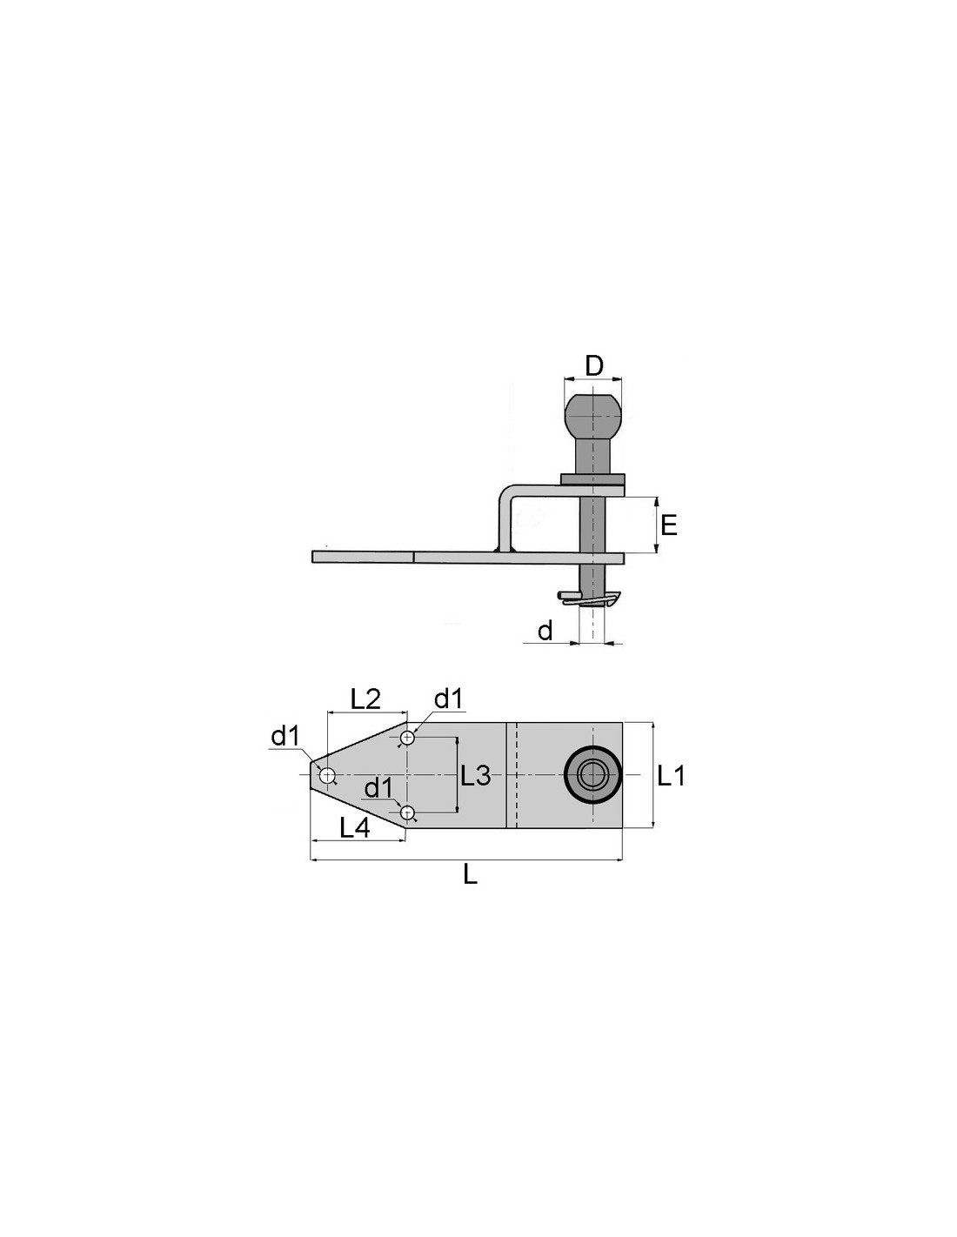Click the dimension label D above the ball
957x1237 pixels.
click(594, 365)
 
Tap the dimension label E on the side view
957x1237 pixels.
click(670, 525)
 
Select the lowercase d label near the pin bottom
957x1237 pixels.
click(545, 630)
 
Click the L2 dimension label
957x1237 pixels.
click(365, 699)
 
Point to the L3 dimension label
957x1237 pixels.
click(475, 775)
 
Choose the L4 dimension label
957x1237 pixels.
click(355, 827)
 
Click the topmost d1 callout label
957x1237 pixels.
click(449, 699)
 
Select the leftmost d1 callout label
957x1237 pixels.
click(285, 737)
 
